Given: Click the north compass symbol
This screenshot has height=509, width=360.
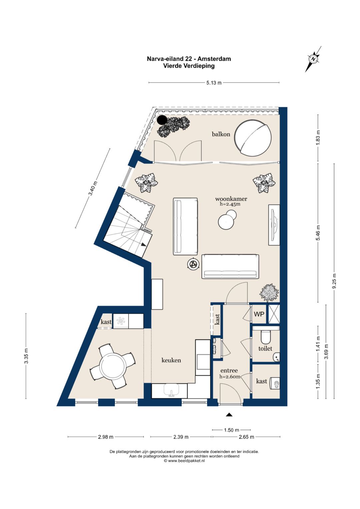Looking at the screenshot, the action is tap(313, 59).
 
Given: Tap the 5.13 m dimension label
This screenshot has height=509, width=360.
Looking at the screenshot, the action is tap(214, 83).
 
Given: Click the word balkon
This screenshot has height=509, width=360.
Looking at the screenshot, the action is tap(221, 134).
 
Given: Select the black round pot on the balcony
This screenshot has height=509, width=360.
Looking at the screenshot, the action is tap(162, 120).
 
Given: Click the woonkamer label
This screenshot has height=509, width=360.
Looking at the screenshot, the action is tap(231, 199).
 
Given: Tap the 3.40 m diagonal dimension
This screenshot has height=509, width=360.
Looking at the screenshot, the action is tap(93, 188).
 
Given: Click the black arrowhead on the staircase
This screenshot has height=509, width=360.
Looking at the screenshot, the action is tap(143, 245).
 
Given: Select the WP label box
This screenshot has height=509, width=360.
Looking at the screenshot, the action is tap(259, 314).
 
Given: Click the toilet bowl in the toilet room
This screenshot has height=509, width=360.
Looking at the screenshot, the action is tap(265, 337).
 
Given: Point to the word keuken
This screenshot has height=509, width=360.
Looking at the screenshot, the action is tap(171, 360).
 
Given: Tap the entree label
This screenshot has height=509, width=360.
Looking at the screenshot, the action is tap(229, 370).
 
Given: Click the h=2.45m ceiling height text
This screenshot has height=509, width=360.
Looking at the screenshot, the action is tap(230, 204).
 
